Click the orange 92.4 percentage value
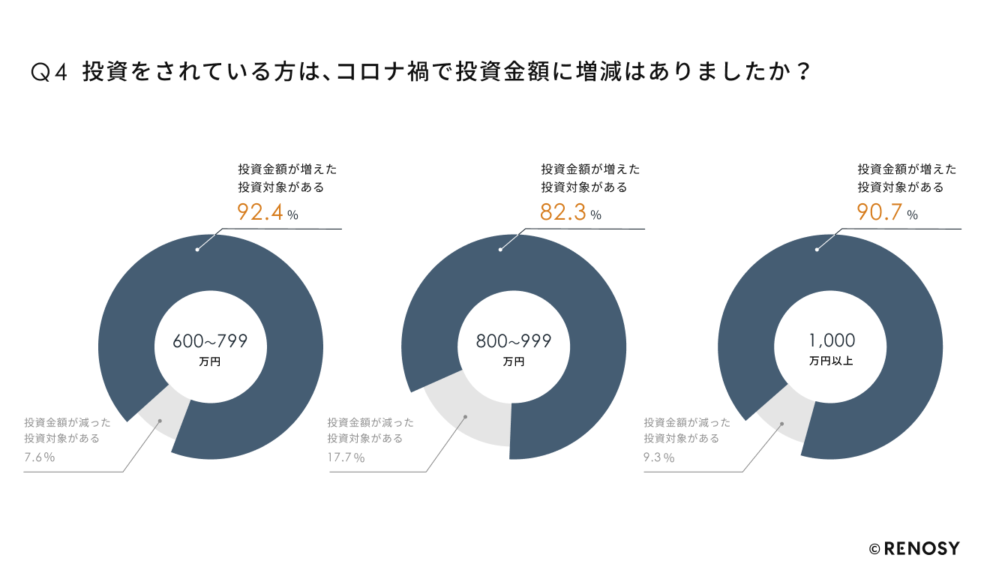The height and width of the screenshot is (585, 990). pyautogui.click(x=259, y=213)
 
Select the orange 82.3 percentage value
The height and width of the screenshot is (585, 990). pyautogui.click(x=562, y=213)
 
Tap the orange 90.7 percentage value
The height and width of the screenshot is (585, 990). pyautogui.click(x=879, y=213)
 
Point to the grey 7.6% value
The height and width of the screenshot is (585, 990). pyautogui.click(x=39, y=457)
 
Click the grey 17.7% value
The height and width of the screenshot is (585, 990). pyautogui.click(x=346, y=457)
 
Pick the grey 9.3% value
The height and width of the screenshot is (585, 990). pyautogui.click(x=658, y=457)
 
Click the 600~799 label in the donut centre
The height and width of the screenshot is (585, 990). pyautogui.click(x=210, y=342)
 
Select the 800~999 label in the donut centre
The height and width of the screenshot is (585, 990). pyautogui.click(x=514, y=342)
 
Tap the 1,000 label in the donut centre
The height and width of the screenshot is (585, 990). pyautogui.click(x=832, y=342)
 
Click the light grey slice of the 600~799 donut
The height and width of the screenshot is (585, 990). pyautogui.click(x=165, y=416)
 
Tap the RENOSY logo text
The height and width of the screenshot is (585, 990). pyautogui.click(x=922, y=548)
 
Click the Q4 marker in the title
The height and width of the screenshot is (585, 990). pyautogui.click(x=50, y=73)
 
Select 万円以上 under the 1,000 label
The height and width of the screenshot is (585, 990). pyautogui.click(x=831, y=361)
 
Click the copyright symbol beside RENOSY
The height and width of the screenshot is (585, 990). pyautogui.click(x=874, y=549)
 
